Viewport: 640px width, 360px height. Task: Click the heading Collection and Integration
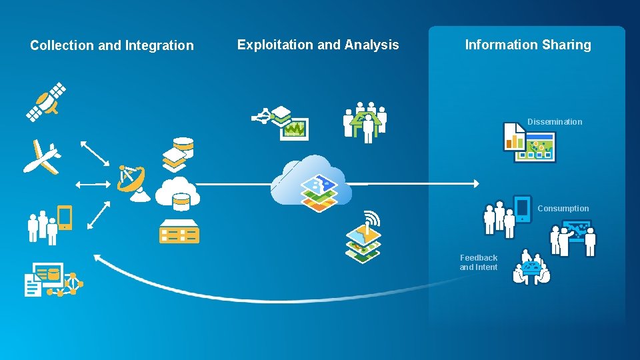(111, 45)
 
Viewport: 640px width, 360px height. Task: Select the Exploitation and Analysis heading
(318, 45)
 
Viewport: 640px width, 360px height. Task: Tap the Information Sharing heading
(527, 45)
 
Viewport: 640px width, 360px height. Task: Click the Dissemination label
(555, 121)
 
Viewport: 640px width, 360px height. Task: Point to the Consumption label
(563, 208)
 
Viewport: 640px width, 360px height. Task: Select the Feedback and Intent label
(478, 262)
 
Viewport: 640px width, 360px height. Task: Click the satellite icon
(46, 101)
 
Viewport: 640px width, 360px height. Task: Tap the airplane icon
(41, 157)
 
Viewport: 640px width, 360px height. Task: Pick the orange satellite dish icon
(133, 182)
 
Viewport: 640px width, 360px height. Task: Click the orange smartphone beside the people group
(65, 217)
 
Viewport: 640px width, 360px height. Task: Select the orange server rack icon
(179, 231)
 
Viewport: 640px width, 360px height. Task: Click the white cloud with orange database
(177, 193)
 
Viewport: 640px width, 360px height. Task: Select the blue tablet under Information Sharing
(522, 208)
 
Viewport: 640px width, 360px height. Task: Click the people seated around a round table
(531, 268)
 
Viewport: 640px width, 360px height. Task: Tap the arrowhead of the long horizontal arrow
(475, 183)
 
